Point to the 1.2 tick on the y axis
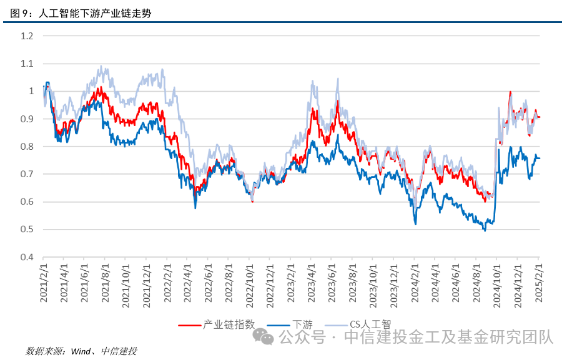[26, 36]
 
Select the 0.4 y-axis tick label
[26, 257]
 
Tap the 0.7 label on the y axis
[26, 174]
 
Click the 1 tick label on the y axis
[30, 91]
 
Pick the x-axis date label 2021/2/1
[44, 282]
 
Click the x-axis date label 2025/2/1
[539, 282]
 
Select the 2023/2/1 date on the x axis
[291, 282]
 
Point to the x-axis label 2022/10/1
[250, 282]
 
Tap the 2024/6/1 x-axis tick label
[456, 282]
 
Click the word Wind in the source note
[81, 351]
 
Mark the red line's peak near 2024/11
[510, 92]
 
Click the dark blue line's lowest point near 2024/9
[485, 230]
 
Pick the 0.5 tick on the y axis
[26, 230]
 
